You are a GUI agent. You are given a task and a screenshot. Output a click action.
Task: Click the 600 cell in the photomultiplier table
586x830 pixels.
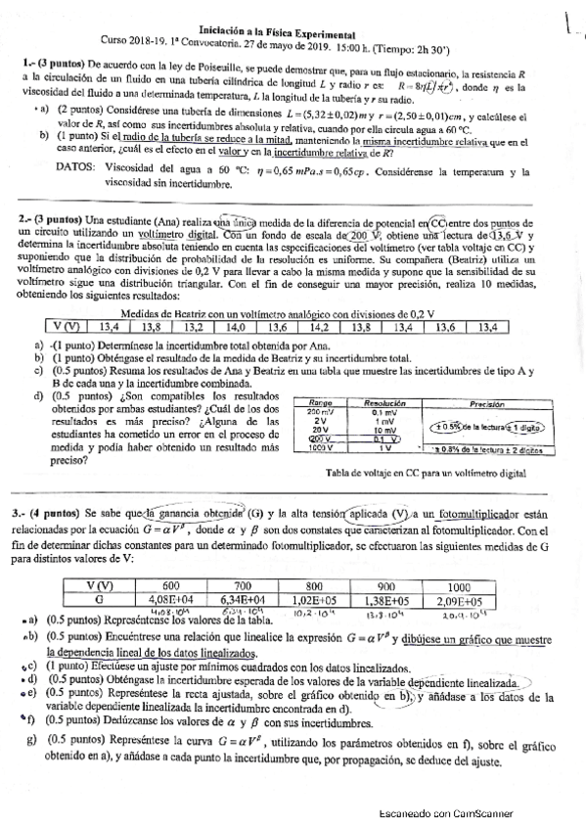click(171, 585)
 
